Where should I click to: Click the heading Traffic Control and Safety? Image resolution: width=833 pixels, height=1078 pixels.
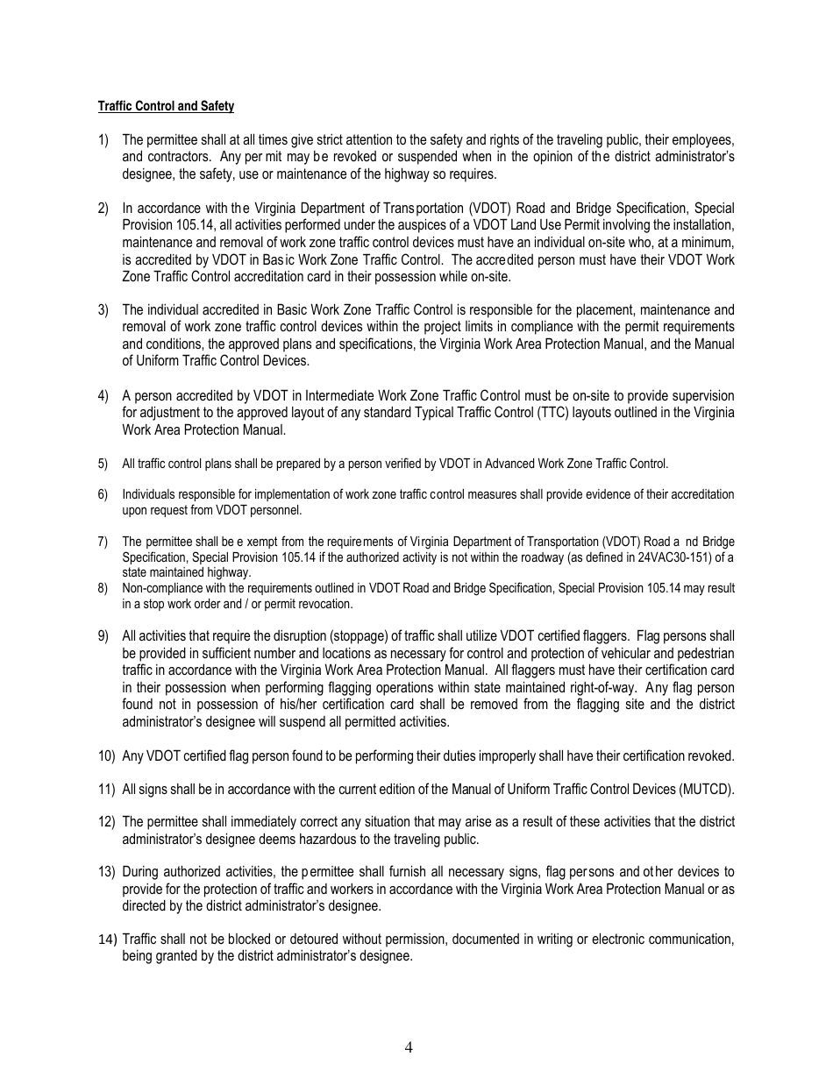click(x=166, y=106)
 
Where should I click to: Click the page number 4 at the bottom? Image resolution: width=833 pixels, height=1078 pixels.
click(x=409, y=1046)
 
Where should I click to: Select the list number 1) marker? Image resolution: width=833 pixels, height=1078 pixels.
click(x=103, y=139)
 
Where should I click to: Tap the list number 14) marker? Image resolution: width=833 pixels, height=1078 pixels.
click(x=106, y=940)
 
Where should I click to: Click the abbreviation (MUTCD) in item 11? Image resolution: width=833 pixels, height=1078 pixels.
click(x=706, y=789)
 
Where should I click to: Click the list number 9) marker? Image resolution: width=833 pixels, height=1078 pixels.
click(x=103, y=636)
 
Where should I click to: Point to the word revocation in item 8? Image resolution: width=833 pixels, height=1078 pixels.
click(x=327, y=604)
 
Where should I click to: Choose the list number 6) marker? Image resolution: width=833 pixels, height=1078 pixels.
click(x=103, y=494)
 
